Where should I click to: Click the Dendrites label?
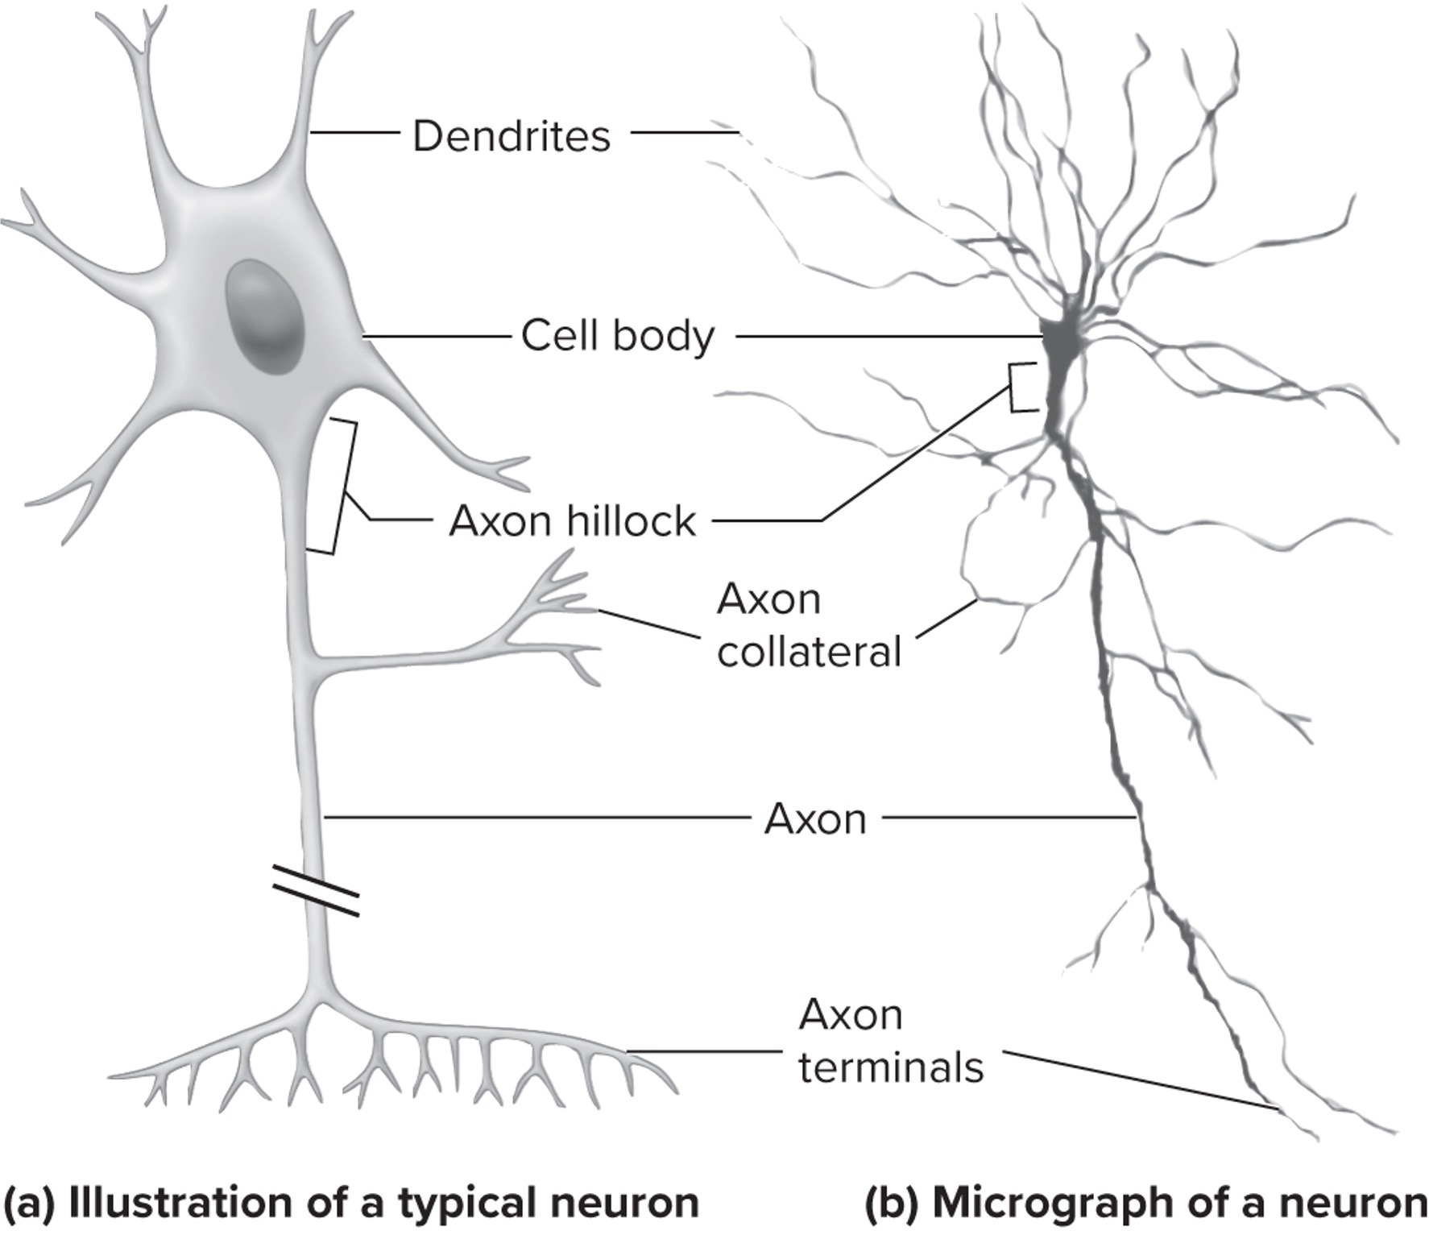512,135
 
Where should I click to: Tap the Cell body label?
618,335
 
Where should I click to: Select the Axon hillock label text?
572,520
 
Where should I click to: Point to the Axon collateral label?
808,625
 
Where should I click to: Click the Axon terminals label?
890,1041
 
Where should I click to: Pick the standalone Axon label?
814,819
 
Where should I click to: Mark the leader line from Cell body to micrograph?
886,335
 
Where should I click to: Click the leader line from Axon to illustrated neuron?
532,818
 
